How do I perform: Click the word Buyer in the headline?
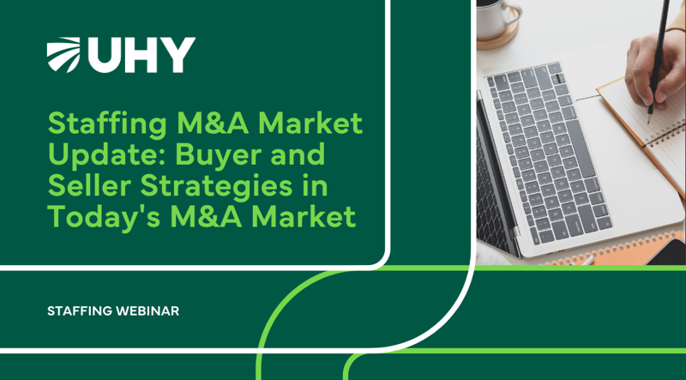coord(208,155)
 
